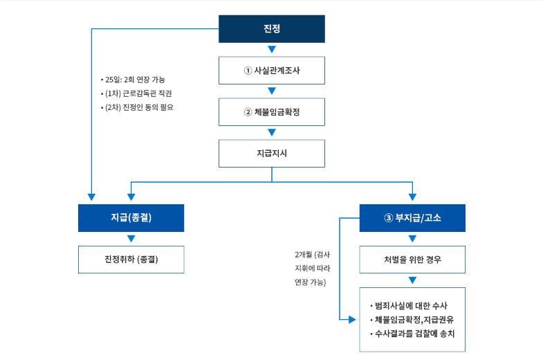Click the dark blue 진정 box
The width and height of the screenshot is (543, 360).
[x=272, y=29]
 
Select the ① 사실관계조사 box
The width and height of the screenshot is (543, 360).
[x=272, y=70]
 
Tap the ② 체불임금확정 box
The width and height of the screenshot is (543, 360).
[x=272, y=111]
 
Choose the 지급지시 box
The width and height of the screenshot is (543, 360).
[x=272, y=153]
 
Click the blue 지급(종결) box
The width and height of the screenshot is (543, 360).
[x=131, y=217]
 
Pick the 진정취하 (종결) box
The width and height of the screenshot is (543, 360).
[x=131, y=260]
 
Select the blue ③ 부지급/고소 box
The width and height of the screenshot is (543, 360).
[x=412, y=217]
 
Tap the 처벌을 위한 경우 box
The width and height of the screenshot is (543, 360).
[x=412, y=260]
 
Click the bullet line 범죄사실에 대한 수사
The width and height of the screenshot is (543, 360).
[x=412, y=305]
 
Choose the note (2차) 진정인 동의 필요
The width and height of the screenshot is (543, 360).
[x=140, y=107]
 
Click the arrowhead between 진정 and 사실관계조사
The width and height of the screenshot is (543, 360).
[x=272, y=49]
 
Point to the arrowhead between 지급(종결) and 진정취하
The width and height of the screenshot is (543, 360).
[x=131, y=239]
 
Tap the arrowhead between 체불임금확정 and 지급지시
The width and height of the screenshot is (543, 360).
[x=272, y=132]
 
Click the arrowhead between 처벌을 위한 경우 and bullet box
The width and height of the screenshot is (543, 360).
[x=412, y=280]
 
